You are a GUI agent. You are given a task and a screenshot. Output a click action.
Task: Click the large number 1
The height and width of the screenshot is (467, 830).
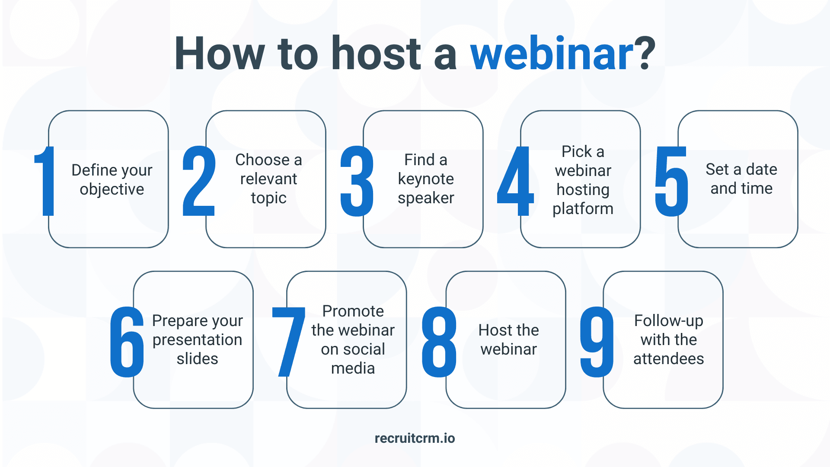(45, 181)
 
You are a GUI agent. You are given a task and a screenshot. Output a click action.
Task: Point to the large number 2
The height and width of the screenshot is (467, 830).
(199, 181)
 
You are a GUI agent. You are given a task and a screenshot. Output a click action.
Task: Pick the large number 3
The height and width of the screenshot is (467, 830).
(357, 181)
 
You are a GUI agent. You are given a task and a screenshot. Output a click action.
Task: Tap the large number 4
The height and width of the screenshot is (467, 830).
(515, 181)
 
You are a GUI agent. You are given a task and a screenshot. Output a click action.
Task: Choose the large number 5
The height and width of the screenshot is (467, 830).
(671, 181)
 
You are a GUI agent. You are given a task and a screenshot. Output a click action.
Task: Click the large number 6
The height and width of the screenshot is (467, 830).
(127, 342)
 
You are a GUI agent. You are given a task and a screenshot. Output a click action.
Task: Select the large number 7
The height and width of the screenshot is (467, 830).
(288, 342)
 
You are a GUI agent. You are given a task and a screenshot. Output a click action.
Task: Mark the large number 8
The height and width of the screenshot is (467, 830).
(439, 342)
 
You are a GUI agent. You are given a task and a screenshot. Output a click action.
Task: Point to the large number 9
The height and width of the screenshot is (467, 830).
(597, 342)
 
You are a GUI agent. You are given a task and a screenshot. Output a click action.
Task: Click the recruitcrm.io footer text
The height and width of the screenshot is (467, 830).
(415, 438)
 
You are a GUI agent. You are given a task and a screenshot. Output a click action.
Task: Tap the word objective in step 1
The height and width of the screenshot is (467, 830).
(112, 189)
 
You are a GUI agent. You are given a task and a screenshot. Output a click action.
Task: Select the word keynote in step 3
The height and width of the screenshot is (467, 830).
(426, 179)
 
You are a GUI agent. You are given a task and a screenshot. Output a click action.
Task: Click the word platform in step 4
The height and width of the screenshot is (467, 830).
(583, 209)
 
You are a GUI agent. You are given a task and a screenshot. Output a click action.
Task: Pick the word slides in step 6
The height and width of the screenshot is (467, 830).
(197, 358)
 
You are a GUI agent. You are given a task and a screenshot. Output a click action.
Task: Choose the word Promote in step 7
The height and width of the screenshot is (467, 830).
(353, 311)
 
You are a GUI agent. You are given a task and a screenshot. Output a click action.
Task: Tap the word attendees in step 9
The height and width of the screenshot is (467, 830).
(668, 358)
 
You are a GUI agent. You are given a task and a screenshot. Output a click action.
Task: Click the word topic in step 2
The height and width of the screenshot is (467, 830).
(268, 198)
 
